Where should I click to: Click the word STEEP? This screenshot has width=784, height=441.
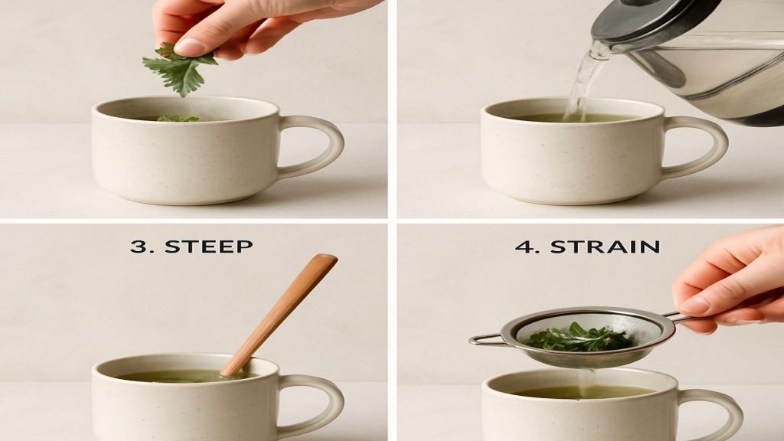coord(208,246)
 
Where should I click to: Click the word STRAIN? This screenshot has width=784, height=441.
coord(605,247)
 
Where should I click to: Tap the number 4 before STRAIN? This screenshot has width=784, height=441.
coord(524,247)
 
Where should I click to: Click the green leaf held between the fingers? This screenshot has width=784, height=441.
coord(179,70)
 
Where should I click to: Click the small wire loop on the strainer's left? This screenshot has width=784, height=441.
coord(485,340)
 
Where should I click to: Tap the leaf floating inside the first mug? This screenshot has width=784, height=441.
coord(178,119)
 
